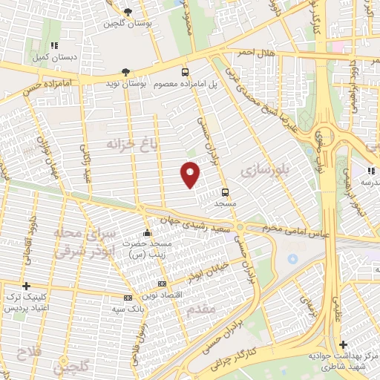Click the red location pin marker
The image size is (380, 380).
click(191, 174)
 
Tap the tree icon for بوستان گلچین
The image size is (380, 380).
click(128, 12)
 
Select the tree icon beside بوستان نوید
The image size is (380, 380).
click(125, 72)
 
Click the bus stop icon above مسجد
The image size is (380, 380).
click(225, 192)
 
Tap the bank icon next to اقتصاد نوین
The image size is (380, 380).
click(163, 284)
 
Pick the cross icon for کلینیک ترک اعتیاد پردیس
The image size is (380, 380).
click(26, 286)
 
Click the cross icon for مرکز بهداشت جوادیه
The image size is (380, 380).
click(342, 345)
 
